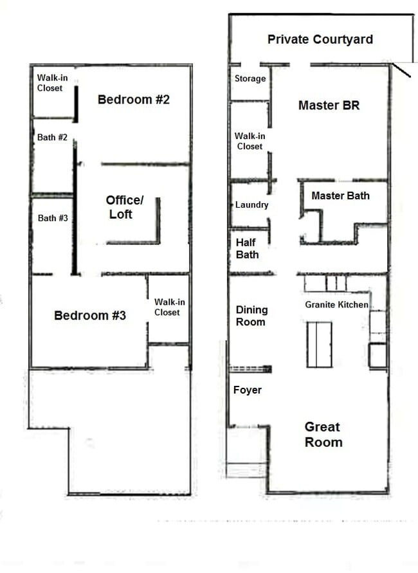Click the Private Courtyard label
click(320, 40)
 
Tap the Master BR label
click(329, 105)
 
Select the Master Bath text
click(340, 196)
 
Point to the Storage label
click(250, 78)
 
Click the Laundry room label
click(251, 205)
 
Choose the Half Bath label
click(248, 248)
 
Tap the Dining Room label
click(251, 316)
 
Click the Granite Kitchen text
click(336, 305)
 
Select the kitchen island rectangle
click(319, 344)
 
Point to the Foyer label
click(248, 390)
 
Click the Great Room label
click(323, 435)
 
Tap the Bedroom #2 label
click(133, 100)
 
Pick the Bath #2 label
click(53, 137)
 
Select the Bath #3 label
click(53, 218)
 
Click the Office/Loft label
click(124, 207)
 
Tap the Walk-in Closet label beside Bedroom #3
click(167, 307)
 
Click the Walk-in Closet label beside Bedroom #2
click(50, 82)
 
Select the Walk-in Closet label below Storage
click(250, 141)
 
